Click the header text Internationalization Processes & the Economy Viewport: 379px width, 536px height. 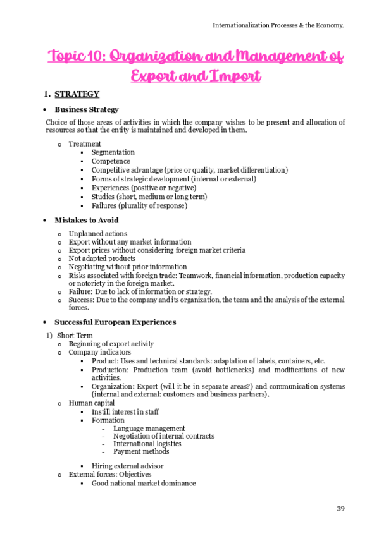[x=278, y=25]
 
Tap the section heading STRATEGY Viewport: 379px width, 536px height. [x=77, y=94]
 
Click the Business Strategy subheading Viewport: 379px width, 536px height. [x=86, y=109]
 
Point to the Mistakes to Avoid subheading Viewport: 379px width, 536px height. [x=86, y=221]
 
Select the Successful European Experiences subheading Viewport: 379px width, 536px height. [x=115, y=322]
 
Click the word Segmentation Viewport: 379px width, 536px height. [x=113, y=152]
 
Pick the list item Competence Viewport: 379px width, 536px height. [x=111, y=161]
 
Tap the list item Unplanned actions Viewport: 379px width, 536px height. [x=97, y=234]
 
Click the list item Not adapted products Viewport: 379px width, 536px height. [x=102, y=259]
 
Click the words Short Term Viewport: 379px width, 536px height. [x=75, y=335]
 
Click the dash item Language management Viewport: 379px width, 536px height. [x=149, y=429]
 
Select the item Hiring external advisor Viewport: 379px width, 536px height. [x=128, y=466]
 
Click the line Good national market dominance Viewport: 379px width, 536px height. [x=144, y=483]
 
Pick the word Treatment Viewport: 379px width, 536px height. [x=85, y=144]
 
